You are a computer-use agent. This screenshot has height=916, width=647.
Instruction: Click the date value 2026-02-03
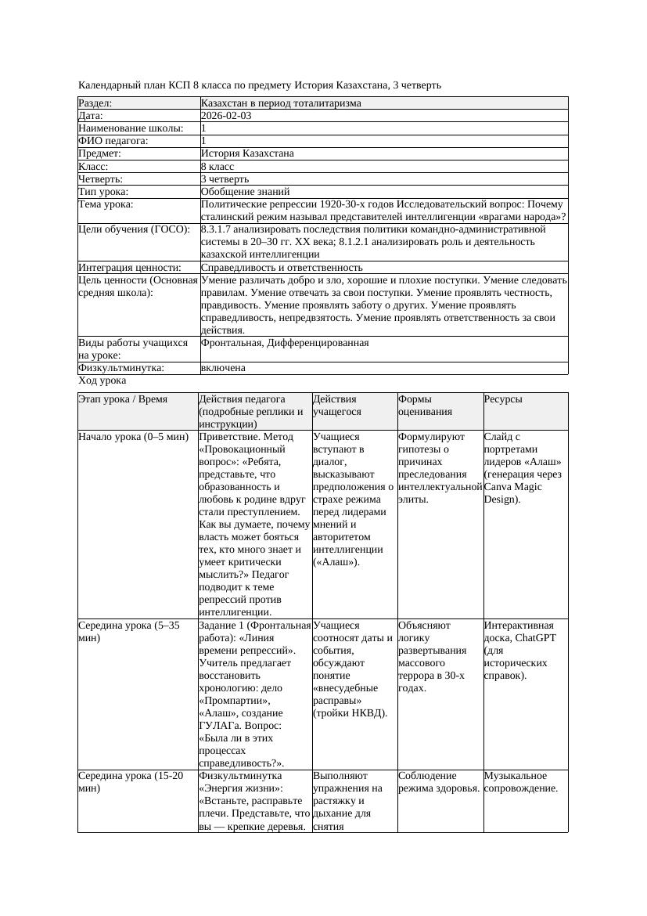click(226, 116)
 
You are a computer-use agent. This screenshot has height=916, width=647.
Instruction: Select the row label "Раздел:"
click(95, 103)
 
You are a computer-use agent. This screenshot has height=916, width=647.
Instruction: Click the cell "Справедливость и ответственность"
click(282, 268)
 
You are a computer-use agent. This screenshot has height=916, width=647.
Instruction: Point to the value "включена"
click(223, 368)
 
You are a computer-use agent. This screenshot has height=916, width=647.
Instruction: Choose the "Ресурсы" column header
click(503, 399)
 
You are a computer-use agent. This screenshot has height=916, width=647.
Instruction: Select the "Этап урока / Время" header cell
click(123, 399)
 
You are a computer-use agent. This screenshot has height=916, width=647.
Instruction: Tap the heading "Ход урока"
click(102, 380)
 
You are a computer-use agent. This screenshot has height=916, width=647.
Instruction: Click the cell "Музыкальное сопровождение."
click(520, 782)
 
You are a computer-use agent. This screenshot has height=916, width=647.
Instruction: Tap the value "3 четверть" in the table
click(225, 179)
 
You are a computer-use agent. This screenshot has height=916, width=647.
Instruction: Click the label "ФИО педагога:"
click(113, 141)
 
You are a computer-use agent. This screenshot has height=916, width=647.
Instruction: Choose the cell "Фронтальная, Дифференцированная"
click(285, 343)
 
